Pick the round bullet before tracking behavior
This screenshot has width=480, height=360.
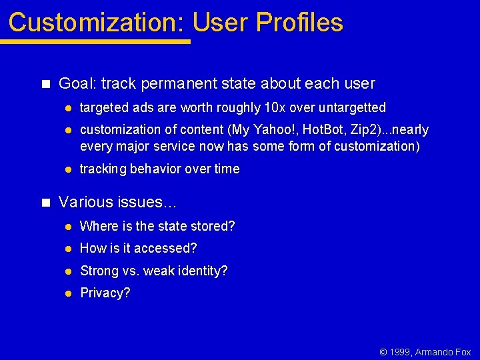[x=67, y=169]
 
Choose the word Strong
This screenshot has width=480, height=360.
[x=99, y=271]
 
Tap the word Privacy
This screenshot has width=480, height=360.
[x=105, y=293]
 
